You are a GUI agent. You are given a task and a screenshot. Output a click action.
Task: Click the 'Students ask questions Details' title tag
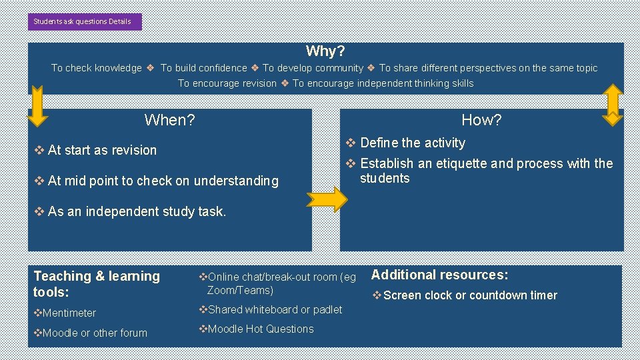click(x=85, y=21)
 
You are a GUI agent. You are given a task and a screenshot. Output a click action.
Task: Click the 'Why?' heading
click(x=325, y=51)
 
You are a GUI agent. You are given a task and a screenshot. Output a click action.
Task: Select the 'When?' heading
click(x=169, y=120)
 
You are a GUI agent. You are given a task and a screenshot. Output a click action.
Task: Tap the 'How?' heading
click(x=481, y=120)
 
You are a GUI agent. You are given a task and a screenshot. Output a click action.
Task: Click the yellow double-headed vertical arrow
click(x=612, y=104)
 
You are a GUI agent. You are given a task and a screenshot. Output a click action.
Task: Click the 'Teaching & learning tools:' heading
click(x=97, y=284)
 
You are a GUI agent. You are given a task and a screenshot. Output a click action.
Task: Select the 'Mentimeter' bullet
click(x=69, y=313)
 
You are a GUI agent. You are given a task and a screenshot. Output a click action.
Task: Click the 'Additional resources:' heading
click(x=439, y=275)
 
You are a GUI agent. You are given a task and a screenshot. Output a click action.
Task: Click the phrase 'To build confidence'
click(x=203, y=68)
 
